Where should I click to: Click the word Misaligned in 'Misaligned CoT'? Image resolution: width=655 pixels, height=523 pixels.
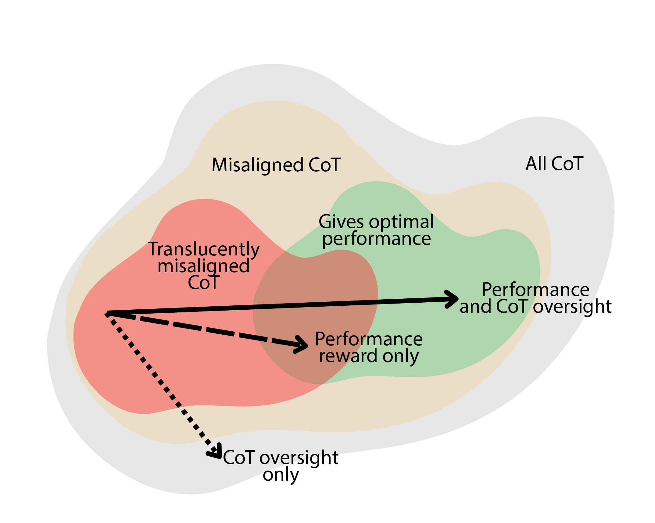coord(257,165)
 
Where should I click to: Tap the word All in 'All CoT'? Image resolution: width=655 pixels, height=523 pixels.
coord(536,164)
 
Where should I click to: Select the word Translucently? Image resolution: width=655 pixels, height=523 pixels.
coord(203,249)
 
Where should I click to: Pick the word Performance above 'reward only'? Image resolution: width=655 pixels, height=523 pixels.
coord(369,339)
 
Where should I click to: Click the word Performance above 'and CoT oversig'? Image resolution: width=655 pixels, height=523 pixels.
coord(535,290)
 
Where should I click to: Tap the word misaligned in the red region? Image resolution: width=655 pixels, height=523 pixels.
coord(203,266)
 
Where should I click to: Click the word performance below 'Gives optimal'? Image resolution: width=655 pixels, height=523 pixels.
coord(376,238)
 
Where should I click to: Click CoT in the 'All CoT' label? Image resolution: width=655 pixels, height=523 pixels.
coord(567,164)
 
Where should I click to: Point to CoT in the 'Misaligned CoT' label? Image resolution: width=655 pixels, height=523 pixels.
coord(324,165)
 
